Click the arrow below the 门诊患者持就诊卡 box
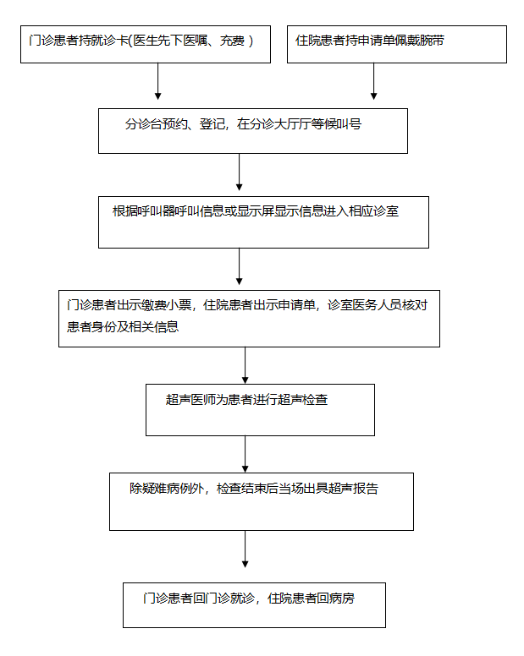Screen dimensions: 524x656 click(158, 81)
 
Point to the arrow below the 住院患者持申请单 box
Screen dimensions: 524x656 click(373, 81)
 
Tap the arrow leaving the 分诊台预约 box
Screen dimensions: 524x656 click(240, 172)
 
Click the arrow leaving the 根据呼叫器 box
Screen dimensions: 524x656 click(240, 266)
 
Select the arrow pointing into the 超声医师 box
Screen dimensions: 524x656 click(245, 365)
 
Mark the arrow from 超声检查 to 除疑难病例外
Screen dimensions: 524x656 click(245, 454)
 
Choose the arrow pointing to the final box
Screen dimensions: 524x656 click(245, 549)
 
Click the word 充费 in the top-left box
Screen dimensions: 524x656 click(233, 41)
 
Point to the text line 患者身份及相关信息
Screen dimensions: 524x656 click(123, 327)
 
